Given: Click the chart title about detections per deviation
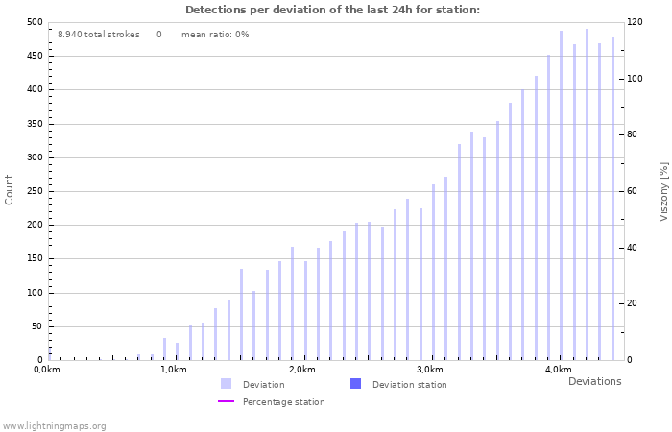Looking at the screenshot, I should click(x=332, y=10).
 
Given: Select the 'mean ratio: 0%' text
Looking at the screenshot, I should click(x=215, y=35).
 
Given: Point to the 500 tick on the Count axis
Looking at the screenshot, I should click(x=34, y=22).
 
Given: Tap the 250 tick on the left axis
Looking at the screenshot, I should click(x=34, y=191).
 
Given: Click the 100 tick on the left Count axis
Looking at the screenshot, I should click(x=34, y=293).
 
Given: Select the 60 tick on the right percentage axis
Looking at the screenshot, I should click(x=634, y=191).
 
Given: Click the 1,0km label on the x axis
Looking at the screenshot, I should click(x=174, y=370).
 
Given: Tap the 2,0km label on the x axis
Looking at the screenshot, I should click(x=301, y=370).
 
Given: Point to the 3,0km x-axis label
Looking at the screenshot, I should click(x=430, y=370).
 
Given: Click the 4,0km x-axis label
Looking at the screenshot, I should click(x=558, y=370).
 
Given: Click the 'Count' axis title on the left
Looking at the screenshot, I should click(x=10, y=189).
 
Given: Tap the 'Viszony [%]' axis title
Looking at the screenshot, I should click(x=663, y=191).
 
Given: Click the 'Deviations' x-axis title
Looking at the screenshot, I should click(x=594, y=381).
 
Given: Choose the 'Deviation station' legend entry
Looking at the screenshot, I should click(x=409, y=385).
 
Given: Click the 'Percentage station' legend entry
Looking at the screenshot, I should click(x=283, y=402).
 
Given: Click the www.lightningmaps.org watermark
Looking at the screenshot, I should click(x=54, y=426).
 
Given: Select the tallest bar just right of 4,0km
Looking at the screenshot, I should click(x=587, y=192).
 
